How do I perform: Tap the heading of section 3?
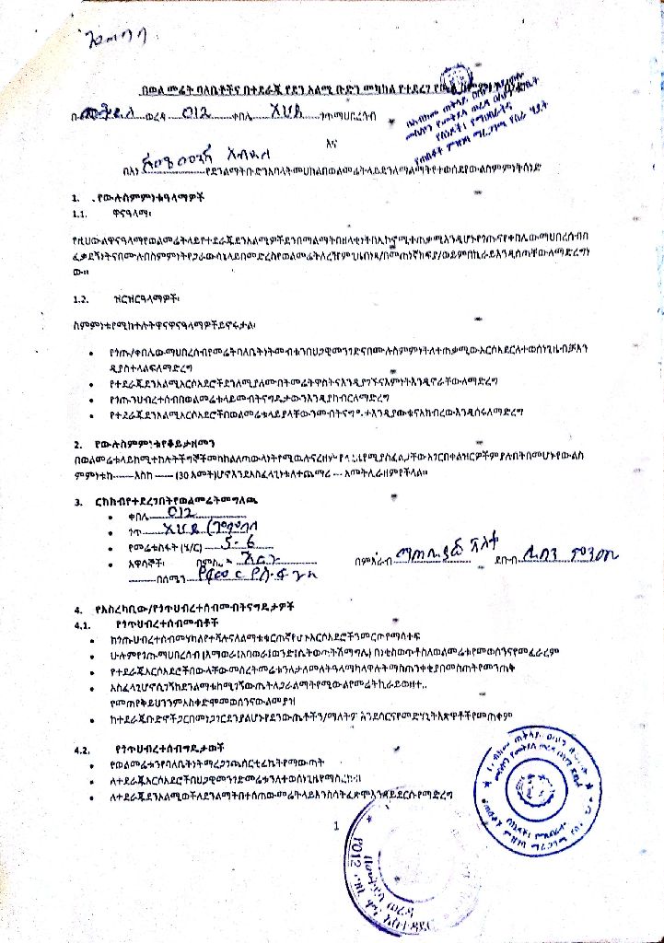pos(175,502)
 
